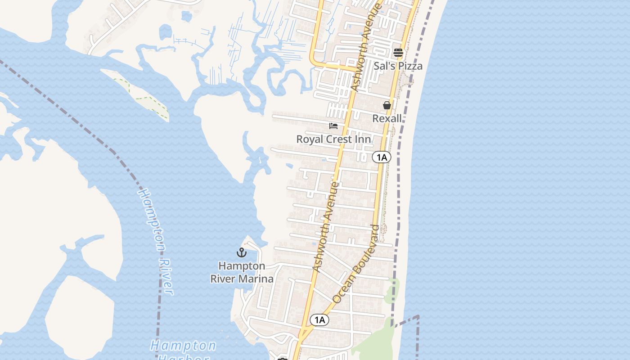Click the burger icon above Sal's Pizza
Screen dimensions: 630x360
click(x=398, y=53)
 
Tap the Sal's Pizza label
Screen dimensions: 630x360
click(x=398, y=66)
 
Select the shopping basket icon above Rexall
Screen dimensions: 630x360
click(x=387, y=106)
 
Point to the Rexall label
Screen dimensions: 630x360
click(x=387, y=118)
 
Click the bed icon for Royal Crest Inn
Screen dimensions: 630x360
click(x=333, y=126)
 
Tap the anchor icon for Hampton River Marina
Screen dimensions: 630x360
click(x=242, y=252)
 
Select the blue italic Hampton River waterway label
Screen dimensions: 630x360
click(x=156, y=242)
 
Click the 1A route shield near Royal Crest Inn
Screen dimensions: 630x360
click(x=382, y=157)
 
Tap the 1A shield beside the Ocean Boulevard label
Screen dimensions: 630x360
click(x=319, y=320)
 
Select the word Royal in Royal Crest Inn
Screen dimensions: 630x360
click(x=310, y=139)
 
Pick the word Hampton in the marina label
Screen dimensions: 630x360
click(x=242, y=266)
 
